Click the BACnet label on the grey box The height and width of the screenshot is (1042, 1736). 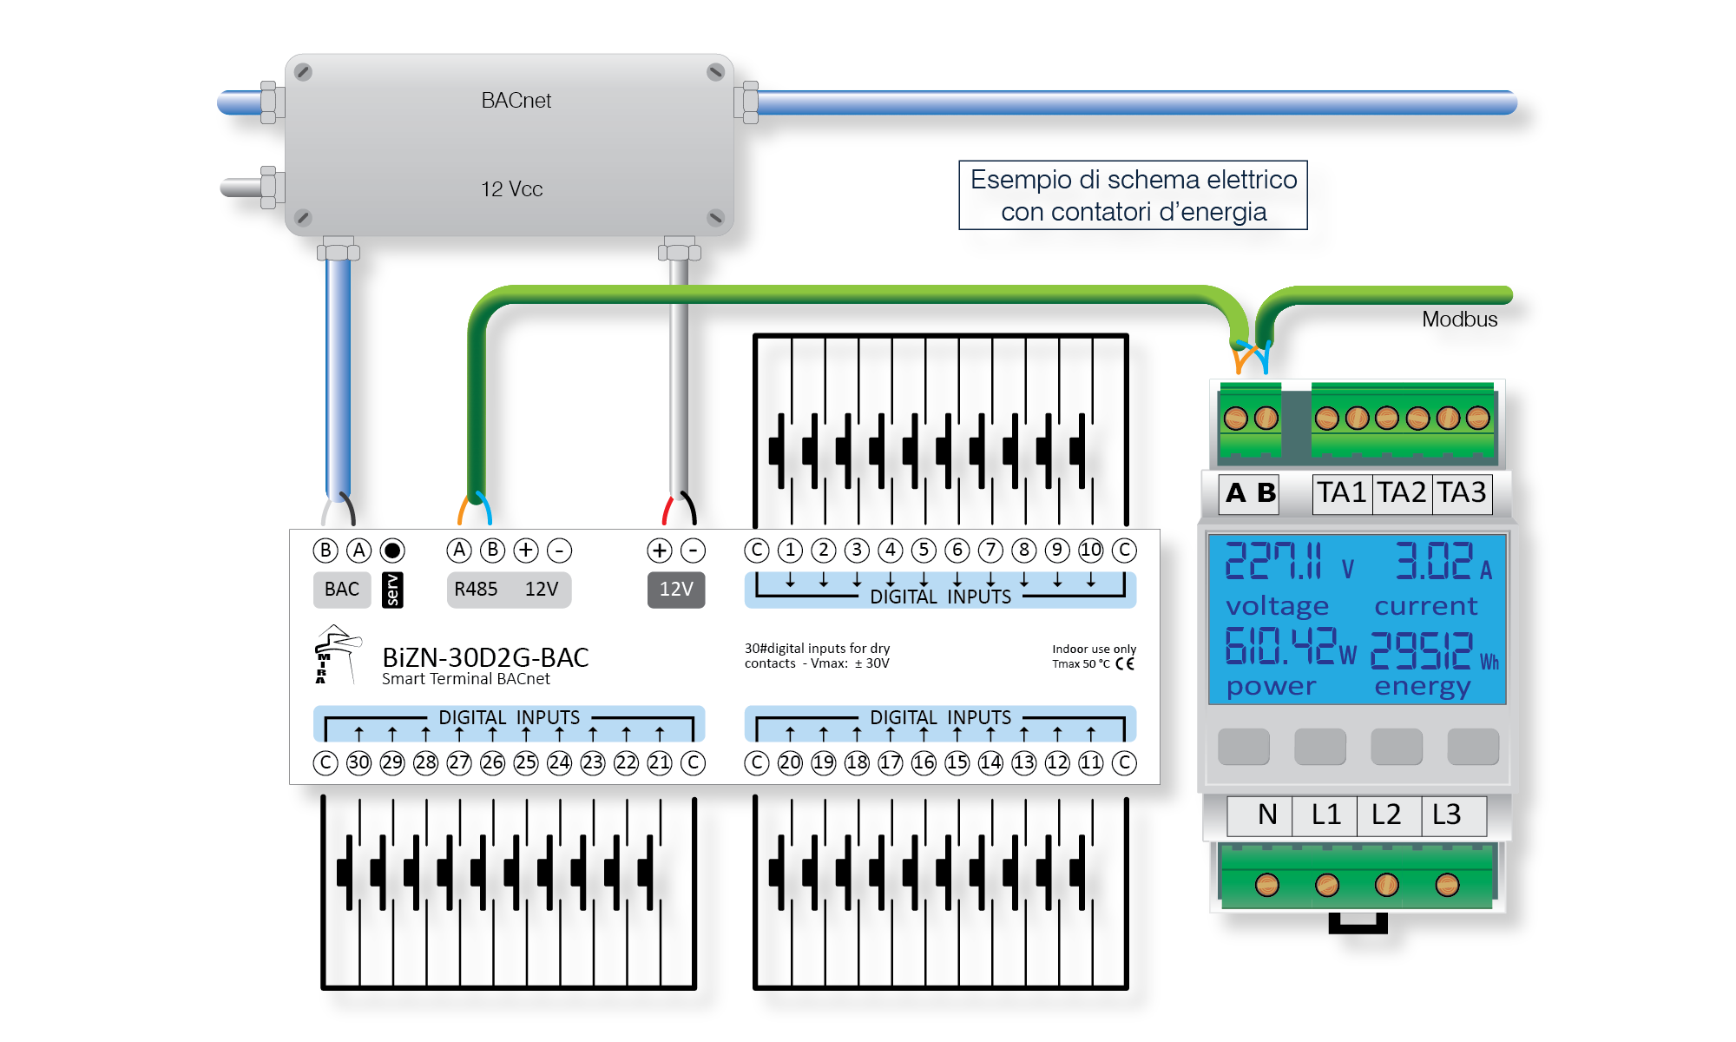coord(516,101)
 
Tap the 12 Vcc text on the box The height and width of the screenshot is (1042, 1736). coord(511,189)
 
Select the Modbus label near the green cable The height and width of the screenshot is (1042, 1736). coord(1459,320)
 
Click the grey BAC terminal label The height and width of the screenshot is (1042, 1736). coord(342,590)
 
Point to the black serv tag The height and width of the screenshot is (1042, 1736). coord(392,590)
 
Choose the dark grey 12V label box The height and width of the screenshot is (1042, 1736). coord(676,590)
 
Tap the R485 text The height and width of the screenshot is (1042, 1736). coord(476,590)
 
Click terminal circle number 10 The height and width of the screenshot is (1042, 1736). coord(1091,550)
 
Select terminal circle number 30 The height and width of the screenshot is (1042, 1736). coord(358,762)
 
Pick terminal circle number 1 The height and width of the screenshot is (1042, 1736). coord(790,550)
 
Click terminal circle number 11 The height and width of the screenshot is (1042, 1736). coord(1091,762)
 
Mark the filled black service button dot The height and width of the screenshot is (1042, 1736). coord(392,550)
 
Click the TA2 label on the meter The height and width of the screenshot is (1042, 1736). coord(1402,493)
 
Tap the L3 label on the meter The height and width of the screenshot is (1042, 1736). coord(1446,814)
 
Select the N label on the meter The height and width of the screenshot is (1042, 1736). coord(1267,814)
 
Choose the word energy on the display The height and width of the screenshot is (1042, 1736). coord(1423,687)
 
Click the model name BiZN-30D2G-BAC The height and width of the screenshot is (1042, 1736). coord(485,657)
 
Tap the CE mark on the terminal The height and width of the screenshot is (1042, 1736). coord(1125,664)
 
